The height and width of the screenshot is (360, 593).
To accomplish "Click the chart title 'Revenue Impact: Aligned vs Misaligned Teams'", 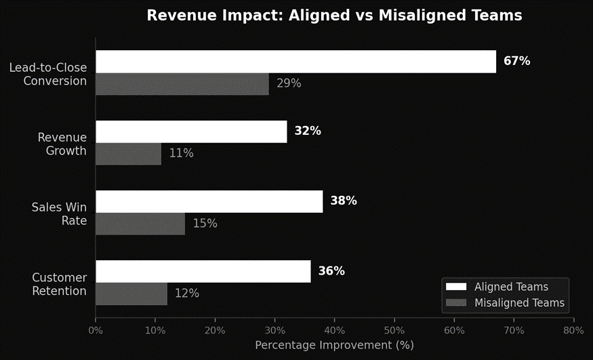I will point(334,16).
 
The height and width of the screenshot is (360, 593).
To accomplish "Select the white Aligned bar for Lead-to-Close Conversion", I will point(295,61).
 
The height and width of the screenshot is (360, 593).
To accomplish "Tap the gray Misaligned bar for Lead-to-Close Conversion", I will point(182,83).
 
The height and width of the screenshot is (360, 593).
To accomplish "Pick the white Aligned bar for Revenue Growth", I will point(191,132).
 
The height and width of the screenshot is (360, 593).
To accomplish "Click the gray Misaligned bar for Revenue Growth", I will point(128,153).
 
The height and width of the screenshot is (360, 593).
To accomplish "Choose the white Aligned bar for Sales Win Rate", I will point(209,201).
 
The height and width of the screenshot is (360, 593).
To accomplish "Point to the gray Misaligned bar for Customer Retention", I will point(131,294).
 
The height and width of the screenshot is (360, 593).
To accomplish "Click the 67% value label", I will point(516,61).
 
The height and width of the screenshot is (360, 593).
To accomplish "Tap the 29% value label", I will point(289,83).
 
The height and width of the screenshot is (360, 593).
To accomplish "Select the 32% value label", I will point(307,132).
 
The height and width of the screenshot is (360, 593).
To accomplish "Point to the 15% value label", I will point(205,223).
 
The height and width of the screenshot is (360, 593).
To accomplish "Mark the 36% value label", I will point(331,271).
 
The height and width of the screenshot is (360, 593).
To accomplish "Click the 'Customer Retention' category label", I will point(60,285).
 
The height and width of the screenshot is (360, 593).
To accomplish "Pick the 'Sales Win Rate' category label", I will point(60,214).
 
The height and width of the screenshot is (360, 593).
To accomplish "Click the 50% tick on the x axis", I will point(394,331).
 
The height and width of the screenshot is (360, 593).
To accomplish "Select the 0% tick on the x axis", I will point(96,331).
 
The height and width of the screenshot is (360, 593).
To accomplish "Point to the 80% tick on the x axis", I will point(573,331).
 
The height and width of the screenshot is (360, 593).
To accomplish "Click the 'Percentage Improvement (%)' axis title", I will point(334,345).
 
